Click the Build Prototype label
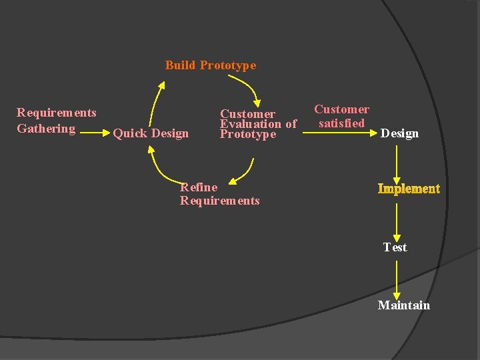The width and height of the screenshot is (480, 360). coord(210,65)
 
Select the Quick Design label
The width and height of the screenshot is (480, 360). coord(151,133)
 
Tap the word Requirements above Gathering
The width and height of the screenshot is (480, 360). coord(57,113)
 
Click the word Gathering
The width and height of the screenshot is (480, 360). coord(46,129)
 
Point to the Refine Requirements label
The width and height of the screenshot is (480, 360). coord(219,194)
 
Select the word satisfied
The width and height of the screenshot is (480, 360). coord(341,123)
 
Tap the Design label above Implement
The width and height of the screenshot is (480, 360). coord(399,133)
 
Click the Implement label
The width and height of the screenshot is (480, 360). coord(409,189)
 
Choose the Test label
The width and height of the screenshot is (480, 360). coord(395,247)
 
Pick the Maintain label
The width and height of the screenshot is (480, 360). coord(403,305)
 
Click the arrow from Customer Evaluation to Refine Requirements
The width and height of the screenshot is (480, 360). coord(245,171)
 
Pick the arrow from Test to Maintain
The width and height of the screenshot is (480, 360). coord(397,278)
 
